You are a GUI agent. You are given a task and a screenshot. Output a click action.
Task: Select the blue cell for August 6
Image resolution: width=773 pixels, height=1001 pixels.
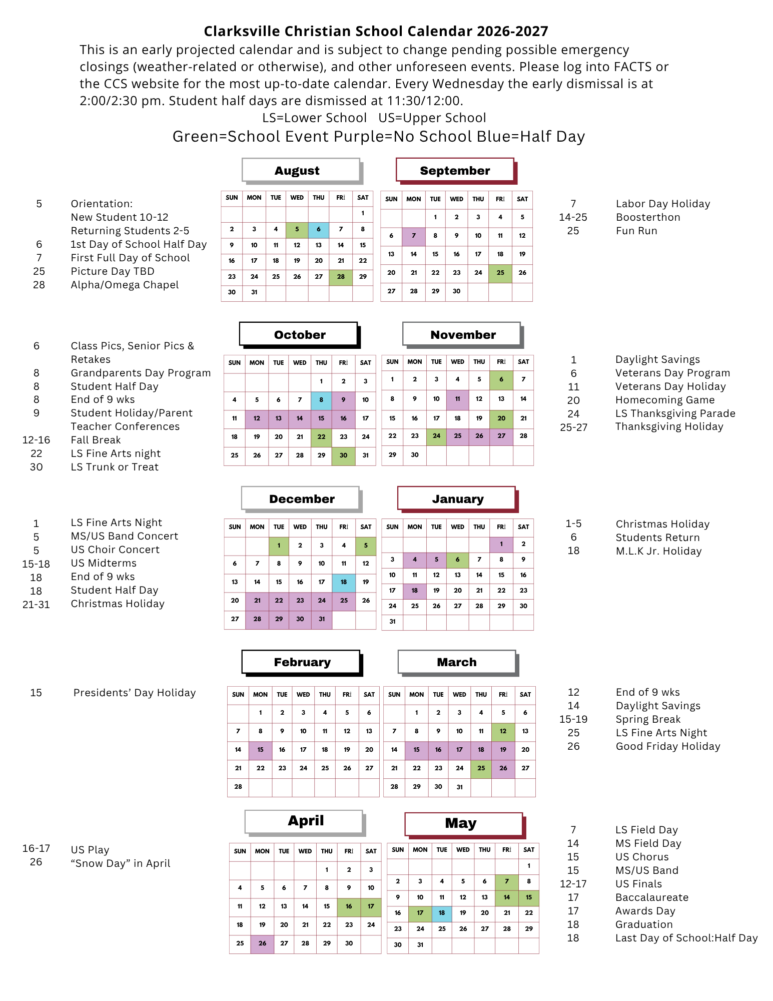pos(319,230)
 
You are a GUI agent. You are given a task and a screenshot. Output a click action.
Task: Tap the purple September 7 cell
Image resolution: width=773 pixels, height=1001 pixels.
pos(414,236)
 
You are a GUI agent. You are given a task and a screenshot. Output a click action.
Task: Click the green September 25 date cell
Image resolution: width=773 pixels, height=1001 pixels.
pos(500,273)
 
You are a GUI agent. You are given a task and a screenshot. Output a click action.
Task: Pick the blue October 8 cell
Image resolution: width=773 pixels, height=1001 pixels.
pos(321,400)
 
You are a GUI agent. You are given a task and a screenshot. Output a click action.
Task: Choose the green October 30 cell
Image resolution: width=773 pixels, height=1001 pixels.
pos(343,455)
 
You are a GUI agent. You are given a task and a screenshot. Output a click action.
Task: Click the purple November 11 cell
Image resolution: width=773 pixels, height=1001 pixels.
pos(457,399)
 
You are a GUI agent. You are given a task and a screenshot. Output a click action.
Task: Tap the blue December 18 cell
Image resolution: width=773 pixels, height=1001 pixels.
pos(344,582)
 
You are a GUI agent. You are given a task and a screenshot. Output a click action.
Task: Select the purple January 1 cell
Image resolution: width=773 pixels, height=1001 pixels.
pos(501,544)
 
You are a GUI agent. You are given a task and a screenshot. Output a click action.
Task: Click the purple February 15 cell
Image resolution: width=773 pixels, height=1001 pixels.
pos(260,750)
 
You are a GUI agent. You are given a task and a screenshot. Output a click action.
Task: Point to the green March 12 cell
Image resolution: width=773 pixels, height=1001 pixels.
pos(503,731)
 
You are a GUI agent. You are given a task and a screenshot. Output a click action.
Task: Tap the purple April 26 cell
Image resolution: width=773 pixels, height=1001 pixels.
pos(262,943)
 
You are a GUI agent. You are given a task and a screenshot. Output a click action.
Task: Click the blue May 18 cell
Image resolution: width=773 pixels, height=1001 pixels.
pos(442,913)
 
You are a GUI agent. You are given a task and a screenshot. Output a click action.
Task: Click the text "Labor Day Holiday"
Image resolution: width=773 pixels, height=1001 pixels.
pos(663,204)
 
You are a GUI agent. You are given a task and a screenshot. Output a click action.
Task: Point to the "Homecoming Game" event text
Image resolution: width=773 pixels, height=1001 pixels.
pos(665,400)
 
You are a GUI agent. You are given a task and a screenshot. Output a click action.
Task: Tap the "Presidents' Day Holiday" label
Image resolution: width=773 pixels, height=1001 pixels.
pos(135,693)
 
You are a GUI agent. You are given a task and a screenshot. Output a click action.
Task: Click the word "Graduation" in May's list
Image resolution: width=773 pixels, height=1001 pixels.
pos(644,924)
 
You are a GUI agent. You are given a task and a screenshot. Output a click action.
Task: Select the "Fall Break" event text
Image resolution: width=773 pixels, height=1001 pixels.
pos(96,440)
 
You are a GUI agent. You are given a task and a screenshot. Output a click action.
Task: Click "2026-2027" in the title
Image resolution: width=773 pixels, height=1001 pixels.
pos(512,31)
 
